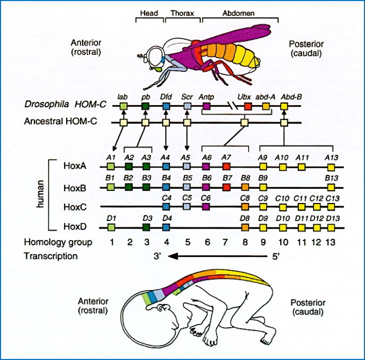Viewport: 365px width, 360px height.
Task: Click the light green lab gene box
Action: click(123, 106)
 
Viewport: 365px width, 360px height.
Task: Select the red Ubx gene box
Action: click(248, 106)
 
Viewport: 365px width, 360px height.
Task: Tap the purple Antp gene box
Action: click(206, 106)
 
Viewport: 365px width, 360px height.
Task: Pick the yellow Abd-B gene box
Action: click(284, 106)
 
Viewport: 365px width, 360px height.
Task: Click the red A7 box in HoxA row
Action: click(227, 167)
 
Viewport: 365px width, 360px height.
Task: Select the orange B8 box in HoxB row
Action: click(245, 187)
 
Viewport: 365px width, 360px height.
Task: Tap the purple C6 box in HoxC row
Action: click(206, 206)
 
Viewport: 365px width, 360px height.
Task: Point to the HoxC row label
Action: click(74, 206)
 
